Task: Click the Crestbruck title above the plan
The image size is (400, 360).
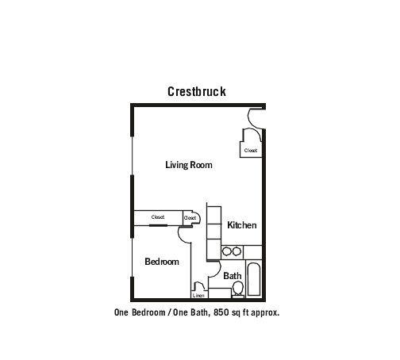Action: (197, 92)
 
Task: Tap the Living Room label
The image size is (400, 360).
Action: (189, 165)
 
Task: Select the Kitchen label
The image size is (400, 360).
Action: (242, 225)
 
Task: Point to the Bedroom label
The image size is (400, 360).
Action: (162, 262)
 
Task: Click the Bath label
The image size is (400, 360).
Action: (233, 276)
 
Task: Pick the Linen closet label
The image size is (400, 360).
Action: (198, 295)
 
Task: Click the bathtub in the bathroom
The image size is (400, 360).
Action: (254, 279)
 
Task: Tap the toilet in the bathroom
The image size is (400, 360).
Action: (238, 289)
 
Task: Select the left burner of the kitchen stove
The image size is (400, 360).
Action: (227, 251)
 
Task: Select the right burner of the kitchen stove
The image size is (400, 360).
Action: (237, 251)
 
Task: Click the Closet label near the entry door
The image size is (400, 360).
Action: (251, 151)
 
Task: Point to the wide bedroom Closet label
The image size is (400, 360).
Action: (158, 217)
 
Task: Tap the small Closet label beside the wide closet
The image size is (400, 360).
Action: (190, 218)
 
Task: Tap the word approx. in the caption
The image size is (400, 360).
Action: (265, 313)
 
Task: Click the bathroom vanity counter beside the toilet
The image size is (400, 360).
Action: (220, 293)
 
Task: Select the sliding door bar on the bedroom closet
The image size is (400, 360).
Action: (158, 225)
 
